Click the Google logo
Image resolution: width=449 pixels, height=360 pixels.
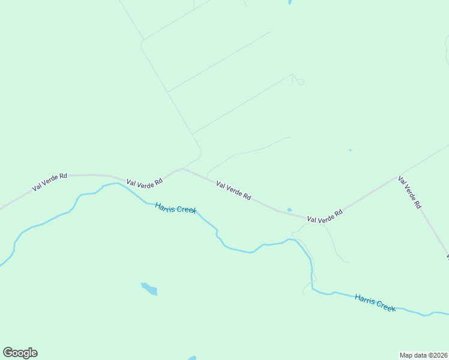[20, 353]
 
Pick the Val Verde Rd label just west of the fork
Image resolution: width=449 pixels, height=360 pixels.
[145, 181]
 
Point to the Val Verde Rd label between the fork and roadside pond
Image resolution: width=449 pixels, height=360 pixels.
[234, 191]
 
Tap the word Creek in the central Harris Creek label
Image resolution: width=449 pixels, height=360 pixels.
[185, 211]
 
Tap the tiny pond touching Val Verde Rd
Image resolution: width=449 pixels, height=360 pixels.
[289, 209]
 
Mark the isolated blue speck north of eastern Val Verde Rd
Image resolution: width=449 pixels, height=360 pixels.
[350, 150]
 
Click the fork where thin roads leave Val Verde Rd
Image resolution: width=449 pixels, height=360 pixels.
[182, 169]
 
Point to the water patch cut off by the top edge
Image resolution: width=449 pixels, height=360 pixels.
[289, 2]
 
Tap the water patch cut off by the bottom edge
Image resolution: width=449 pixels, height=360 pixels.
[192, 358]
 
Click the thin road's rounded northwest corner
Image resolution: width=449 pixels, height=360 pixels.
[142, 42]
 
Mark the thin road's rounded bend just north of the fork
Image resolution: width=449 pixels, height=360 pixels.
[200, 151]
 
